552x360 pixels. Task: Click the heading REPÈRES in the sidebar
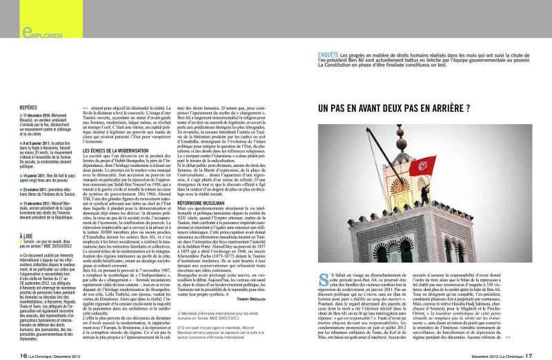[29, 108]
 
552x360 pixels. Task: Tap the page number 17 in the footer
[528, 354]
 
